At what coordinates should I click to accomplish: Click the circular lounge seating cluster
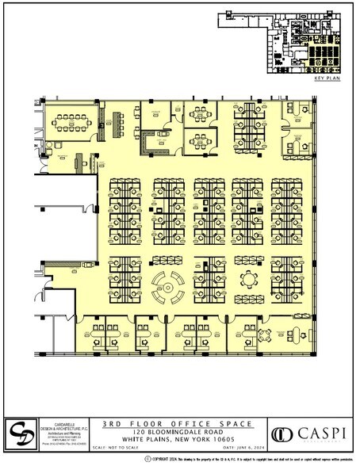pos(168,285)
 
